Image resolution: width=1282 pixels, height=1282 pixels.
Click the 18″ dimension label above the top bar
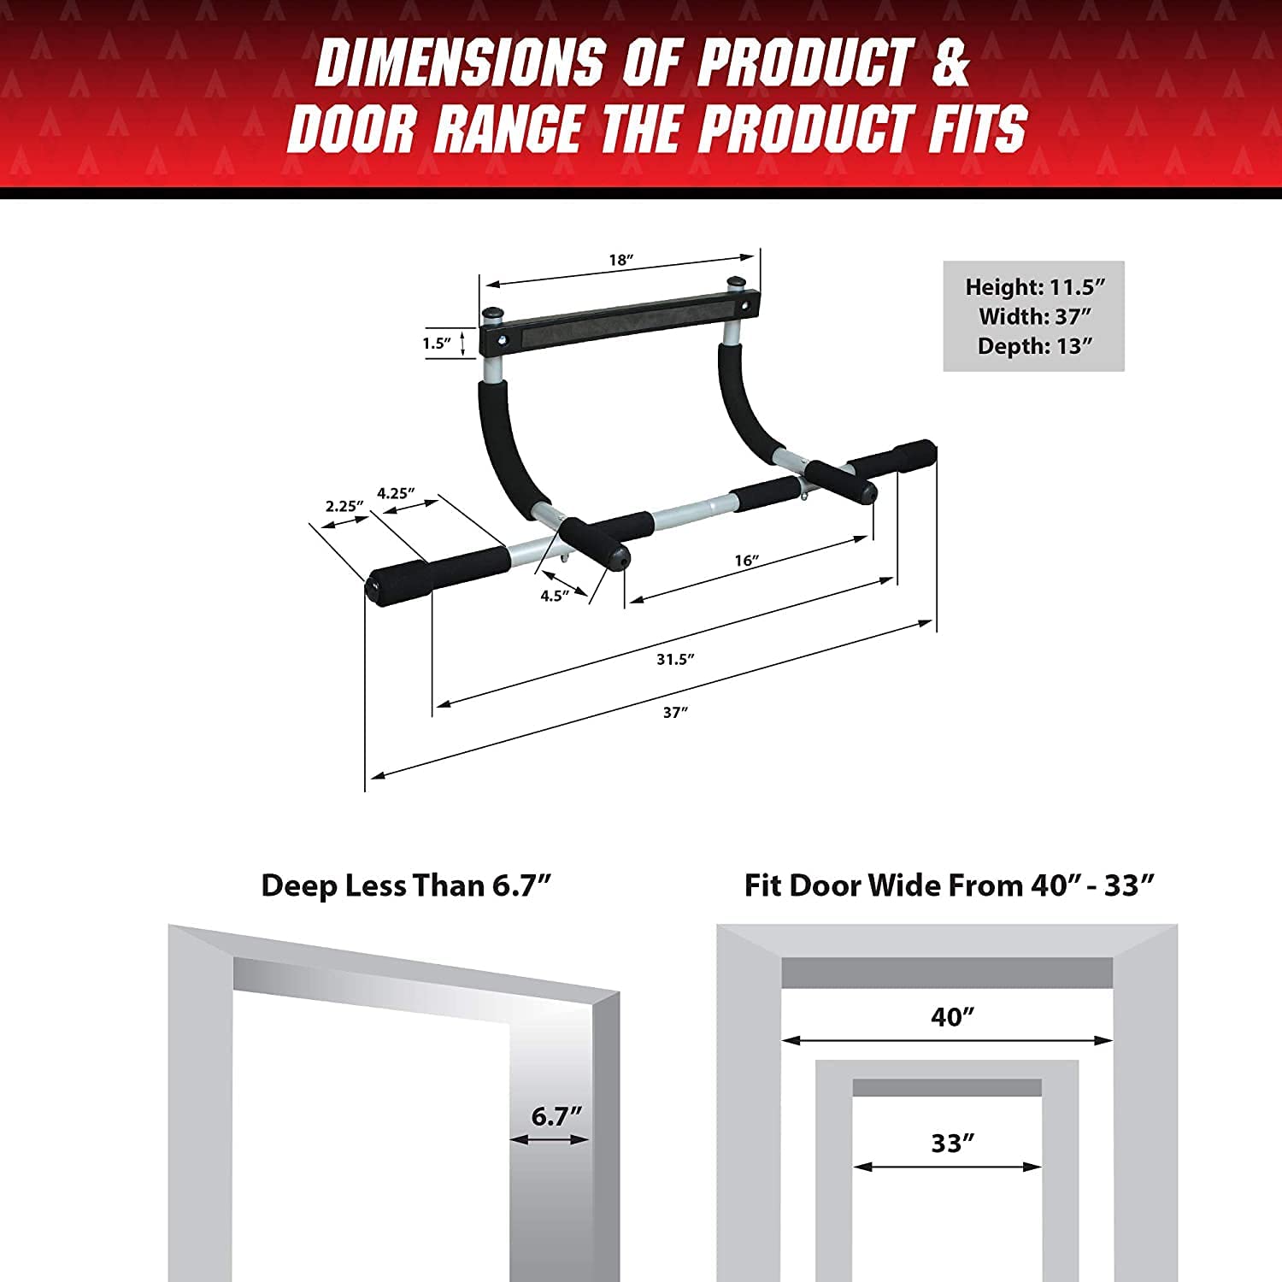click(620, 260)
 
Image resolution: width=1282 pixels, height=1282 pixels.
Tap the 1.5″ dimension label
click(436, 344)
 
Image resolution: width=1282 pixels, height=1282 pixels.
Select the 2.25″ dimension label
click(344, 506)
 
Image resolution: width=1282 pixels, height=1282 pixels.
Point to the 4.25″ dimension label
click(396, 493)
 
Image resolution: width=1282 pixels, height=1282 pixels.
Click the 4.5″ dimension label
click(554, 596)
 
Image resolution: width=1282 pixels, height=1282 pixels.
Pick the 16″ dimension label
click(746, 561)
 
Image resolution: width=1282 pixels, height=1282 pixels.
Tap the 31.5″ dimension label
click(675, 659)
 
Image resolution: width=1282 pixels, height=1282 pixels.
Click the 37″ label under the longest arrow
click(675, 712)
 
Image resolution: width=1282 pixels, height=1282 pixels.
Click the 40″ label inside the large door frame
click(952, 1017)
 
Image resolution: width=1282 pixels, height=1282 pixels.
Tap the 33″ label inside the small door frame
click(952, 1143)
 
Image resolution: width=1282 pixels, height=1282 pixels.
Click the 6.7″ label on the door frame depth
click(556, 1116)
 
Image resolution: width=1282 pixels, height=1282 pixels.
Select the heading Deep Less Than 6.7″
click(406, 885)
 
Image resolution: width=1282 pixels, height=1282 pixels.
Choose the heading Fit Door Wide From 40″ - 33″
click(949, 885)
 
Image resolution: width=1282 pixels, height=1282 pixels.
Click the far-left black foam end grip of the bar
click(397, 581)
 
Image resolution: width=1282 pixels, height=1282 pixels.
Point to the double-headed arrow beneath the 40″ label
click(947, 1040)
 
